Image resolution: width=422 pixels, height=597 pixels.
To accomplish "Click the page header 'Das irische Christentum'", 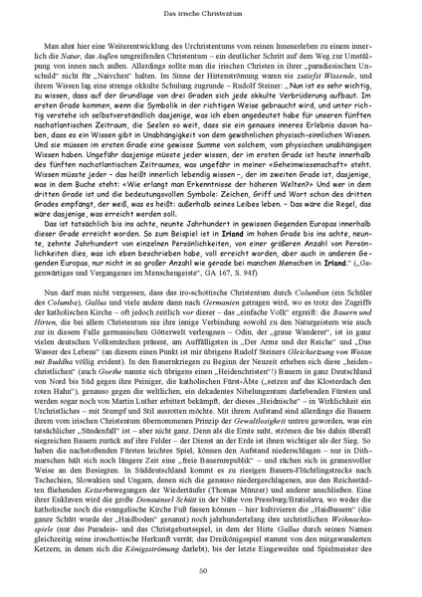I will pos(211,11).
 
